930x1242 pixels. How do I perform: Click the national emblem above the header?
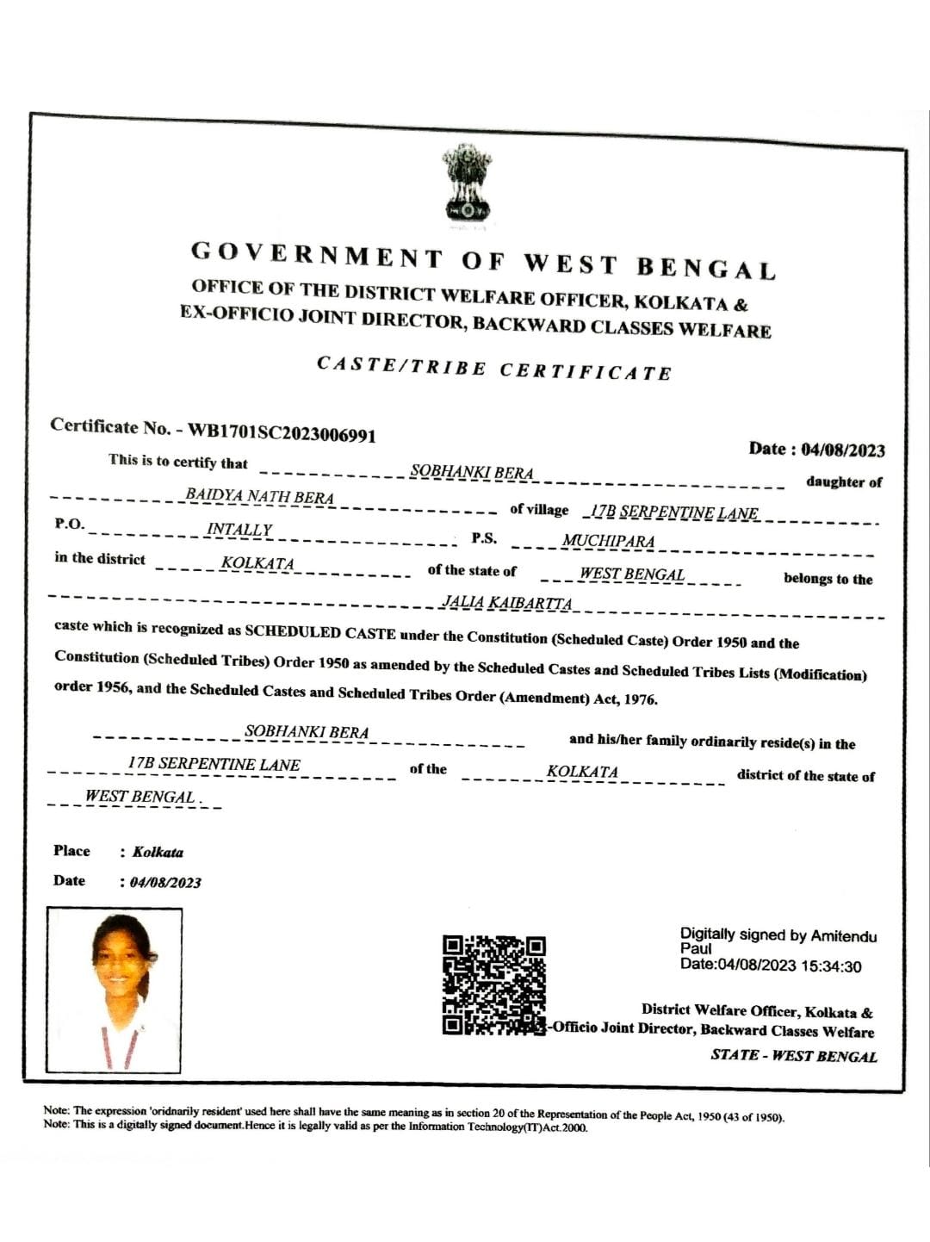(x=466, y=183)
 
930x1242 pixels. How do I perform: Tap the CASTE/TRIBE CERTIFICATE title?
(x=493, y=369)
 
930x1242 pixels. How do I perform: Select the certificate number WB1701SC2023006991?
(x=282, y=432)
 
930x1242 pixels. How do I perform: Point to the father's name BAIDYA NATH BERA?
(x=259, y=496)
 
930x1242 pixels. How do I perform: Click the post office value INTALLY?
(x=239, y=530)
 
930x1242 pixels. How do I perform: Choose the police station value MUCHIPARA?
(x=608, y=541)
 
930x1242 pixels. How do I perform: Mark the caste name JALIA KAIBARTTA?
(x=506, y=602)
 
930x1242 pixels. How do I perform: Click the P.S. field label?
(x=484, y=538)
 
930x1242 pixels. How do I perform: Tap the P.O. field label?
(x=70, y=525)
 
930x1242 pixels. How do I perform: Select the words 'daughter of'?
(x=843, y=482)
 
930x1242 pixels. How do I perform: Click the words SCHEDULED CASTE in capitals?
(x=319, y=632)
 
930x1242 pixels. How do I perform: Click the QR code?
(x=493, y=984)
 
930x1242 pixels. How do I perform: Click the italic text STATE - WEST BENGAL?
(x=793, y=1056)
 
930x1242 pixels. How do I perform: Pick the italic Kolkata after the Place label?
(x=158, y=852)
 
